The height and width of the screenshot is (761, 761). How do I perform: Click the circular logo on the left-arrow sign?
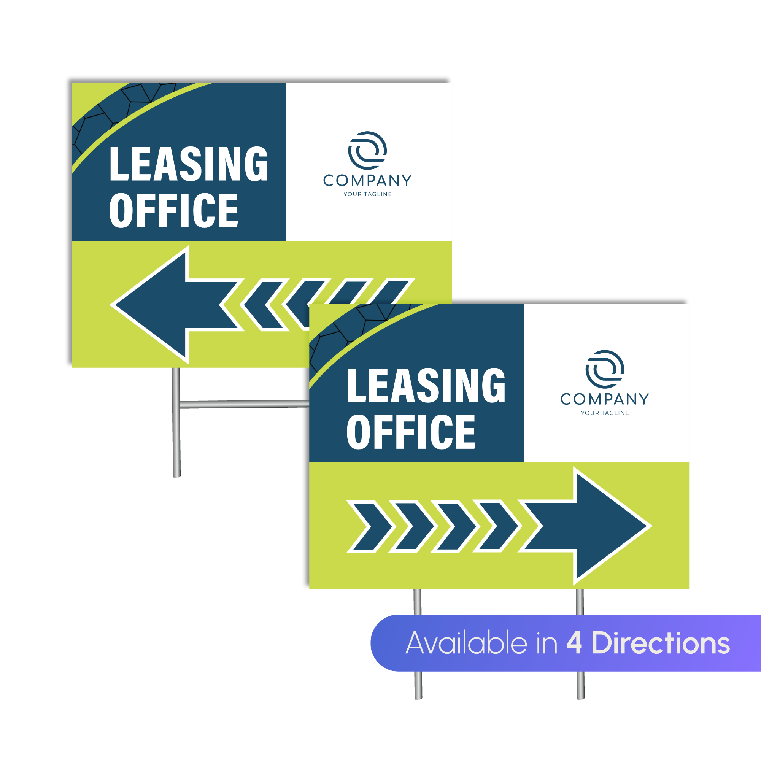[367, 151]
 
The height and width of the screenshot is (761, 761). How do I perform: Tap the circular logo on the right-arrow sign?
[605, 369]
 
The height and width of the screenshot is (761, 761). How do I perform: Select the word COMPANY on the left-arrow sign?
[367, 180]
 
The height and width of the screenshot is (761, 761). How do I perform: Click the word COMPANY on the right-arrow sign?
[605, 399]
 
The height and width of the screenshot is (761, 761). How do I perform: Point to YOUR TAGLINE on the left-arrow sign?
[367, 194]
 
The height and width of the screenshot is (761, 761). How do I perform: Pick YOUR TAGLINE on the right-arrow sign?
[605, 413]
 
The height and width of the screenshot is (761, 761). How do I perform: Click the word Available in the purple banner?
[466, 643]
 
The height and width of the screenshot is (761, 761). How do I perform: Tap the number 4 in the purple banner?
[574, 643]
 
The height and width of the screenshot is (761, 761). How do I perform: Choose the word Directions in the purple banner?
[661, 643]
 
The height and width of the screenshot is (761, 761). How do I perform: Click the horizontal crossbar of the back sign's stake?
[244, 404]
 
